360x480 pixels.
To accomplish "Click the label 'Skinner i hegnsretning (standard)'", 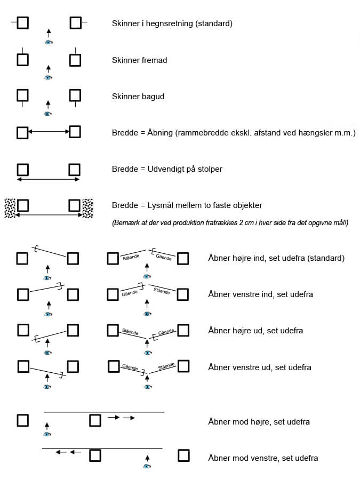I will click(x=172, y=23).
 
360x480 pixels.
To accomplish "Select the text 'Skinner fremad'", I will click(x=139, y=60).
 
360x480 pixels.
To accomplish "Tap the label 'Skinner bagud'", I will click(x=138, y=97).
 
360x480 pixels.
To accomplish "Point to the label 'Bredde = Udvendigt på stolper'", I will click(x=167, y=169).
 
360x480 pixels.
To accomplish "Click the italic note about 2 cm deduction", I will click(x=230, y=222).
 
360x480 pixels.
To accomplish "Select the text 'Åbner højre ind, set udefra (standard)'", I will click(x=276, y=258).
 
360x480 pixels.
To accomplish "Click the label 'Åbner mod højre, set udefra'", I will click(x=259, y=422).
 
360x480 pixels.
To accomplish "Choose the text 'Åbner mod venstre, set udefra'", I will click(x=263, y=458).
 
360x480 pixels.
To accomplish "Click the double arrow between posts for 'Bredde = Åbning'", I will click(x=48, y=132).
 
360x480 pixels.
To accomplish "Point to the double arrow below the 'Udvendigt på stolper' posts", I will click(x=48, y=180).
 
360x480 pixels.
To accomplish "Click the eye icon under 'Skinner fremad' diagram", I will click(x=48, y=78).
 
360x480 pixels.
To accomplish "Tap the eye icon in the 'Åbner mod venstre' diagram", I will click(x=147, y=467).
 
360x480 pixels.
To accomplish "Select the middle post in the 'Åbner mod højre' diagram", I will click(x=94, y=420).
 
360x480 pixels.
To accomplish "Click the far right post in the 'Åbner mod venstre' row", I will click(x=183, y=455).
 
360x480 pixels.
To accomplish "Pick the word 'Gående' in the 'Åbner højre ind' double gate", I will click(x=164, y=258).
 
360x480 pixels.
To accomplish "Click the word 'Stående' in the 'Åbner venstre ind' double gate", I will click(x=162, y=291).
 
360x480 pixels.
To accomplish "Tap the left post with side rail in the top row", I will click(x=22, y=23).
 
